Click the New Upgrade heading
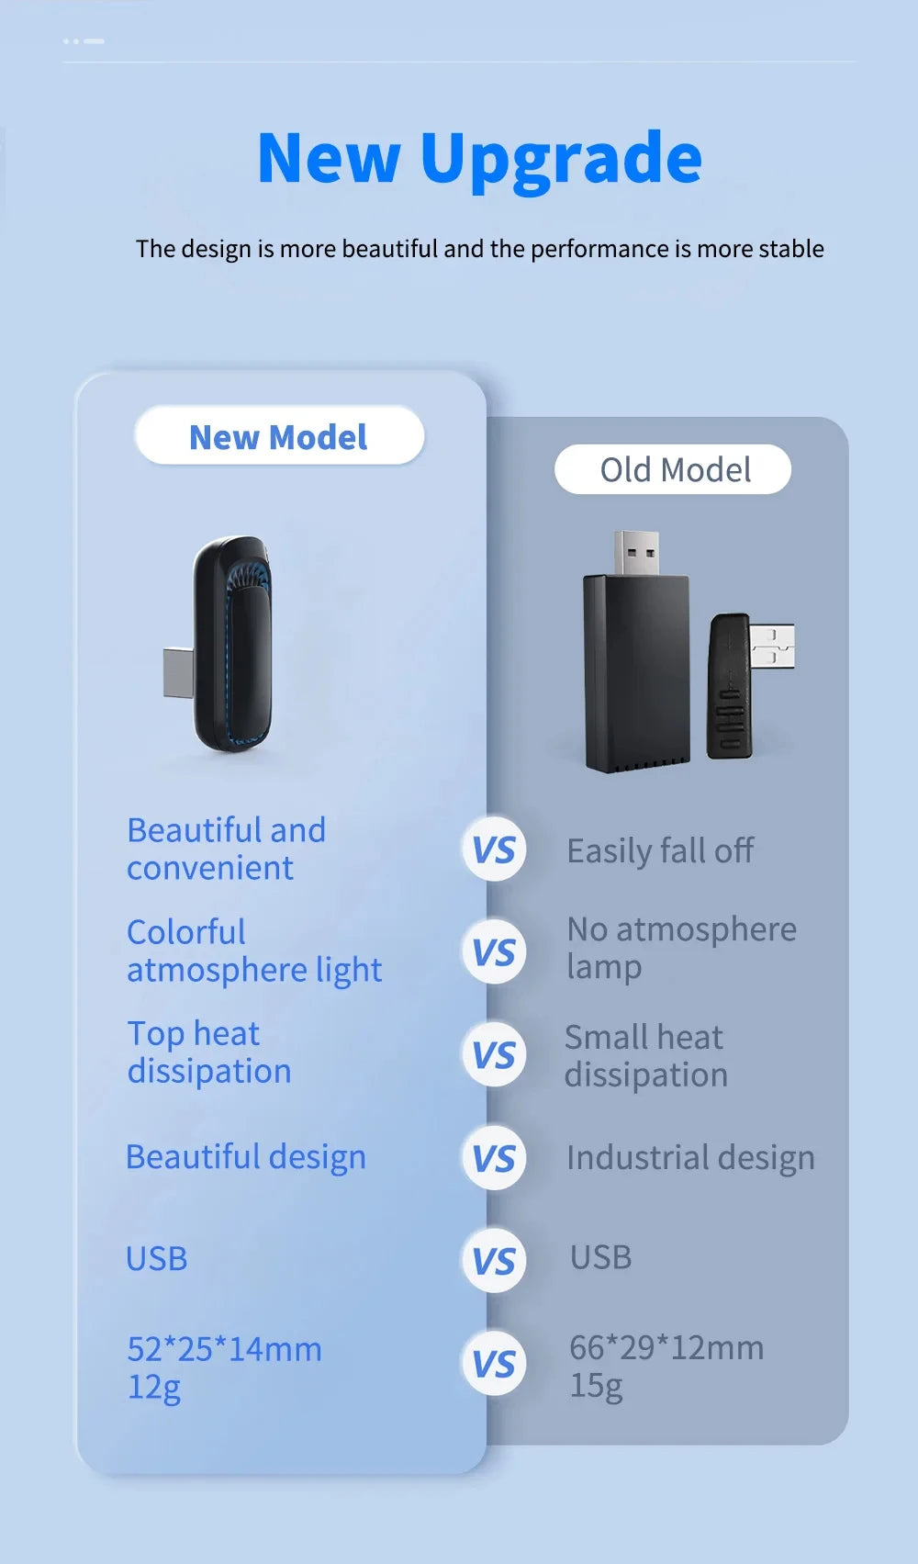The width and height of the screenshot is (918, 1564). point(479,161)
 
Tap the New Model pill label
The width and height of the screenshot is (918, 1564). point(279,435)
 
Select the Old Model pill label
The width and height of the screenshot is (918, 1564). point(673,469)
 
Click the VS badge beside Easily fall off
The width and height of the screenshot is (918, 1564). point(494,849)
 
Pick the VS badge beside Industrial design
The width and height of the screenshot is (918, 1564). point(494,1158)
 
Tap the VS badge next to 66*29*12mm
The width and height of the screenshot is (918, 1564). point(494,1363)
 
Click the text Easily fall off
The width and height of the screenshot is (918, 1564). point(660,851)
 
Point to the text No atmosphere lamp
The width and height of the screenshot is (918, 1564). point(681,948)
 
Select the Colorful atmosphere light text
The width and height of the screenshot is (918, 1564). point(254,951)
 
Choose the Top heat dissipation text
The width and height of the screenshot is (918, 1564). point(208,1052)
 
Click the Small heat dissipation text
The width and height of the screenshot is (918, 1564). point(645,1056)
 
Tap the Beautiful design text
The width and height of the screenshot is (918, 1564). point(246,1157)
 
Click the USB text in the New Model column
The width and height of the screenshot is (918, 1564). point(156,1259)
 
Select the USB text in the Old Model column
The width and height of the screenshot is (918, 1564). point(601,1257)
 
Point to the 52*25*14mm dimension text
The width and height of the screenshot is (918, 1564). point(224,1350)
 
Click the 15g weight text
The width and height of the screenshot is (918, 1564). point(596,1386)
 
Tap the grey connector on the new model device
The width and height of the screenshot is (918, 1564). point(178,672)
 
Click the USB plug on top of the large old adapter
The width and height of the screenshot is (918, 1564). point(637,552)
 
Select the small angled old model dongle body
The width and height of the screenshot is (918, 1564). point(729,686)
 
